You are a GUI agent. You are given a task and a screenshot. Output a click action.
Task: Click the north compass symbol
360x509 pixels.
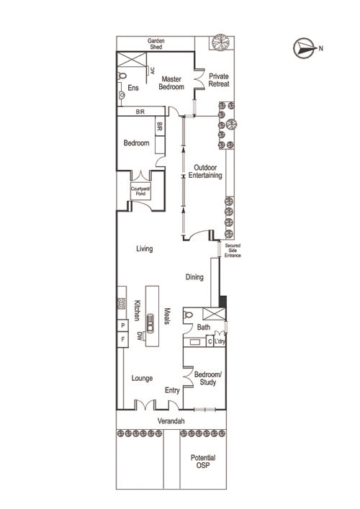304,48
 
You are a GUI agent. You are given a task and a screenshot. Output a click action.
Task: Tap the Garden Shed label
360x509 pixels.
156,44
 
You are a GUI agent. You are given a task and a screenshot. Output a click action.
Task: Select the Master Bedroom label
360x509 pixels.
171,83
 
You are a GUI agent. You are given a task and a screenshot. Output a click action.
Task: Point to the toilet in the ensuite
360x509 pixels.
122,76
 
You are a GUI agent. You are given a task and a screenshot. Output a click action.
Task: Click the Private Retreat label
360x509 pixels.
219,80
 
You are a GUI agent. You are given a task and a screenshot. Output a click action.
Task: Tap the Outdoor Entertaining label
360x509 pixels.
205,171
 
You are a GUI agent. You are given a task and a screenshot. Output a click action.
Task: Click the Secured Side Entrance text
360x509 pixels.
233,251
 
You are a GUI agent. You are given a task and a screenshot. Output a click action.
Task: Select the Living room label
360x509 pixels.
145,248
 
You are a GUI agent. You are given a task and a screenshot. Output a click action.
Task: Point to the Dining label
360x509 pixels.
194,277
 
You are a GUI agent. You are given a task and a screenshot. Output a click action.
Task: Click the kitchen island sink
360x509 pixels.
150,323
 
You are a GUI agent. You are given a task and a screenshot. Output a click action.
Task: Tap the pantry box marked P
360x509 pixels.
122,325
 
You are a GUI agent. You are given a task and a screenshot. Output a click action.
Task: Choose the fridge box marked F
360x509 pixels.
122,340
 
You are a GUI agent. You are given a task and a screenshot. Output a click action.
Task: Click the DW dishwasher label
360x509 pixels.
140,335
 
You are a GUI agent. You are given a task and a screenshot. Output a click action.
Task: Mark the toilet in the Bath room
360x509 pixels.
188,315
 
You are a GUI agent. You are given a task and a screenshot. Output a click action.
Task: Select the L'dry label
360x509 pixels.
220,341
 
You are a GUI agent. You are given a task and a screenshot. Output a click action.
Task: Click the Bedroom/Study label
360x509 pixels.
208,378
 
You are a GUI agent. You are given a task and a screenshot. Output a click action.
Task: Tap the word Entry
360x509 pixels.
172,390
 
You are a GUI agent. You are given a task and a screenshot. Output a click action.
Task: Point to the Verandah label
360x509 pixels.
171,421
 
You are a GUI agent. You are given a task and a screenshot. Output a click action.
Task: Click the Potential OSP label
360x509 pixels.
203,461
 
